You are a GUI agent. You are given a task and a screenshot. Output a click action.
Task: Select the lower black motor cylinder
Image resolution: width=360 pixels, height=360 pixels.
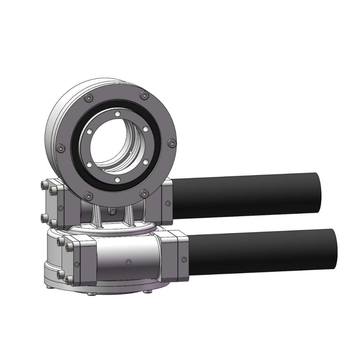[x=263, y=251]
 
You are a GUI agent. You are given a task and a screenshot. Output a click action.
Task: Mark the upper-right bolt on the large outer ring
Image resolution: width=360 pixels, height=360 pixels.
[x=144, y=95]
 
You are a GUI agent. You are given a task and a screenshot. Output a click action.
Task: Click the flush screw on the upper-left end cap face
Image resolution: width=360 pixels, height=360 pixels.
[x=60, y=207]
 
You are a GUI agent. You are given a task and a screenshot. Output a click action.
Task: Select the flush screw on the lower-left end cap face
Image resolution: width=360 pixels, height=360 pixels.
[x=76, y=265]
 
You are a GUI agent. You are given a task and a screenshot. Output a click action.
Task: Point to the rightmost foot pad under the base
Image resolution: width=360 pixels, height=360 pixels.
[x=147, y=291]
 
